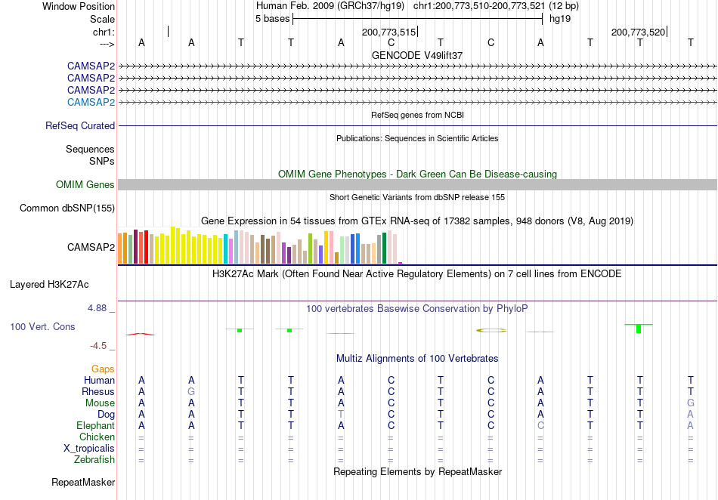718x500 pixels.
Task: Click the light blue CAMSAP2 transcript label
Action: click(x=91, y=102)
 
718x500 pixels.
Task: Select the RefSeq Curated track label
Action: click(x=80, y=125)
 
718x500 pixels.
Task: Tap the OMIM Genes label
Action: click(x=85, y=184)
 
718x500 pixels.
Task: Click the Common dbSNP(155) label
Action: click(x=67, y=208)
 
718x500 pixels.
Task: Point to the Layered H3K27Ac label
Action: click(x=49, y=285)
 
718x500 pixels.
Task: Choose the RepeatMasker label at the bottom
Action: click(x=83, y=482)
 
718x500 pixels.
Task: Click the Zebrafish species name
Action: click(x=94, y=459)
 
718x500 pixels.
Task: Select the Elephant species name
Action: click(x=96, y=425)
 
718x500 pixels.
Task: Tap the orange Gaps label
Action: click(x=103, y=369)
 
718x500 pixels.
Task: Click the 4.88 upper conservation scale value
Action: click(x=97, y=308)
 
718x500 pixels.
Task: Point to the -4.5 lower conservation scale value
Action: click(x=98, y=346)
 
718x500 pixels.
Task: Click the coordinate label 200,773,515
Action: click(x=388, y=32)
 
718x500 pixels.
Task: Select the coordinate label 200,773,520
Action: click(x=639, y=32)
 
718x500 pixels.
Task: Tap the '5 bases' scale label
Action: click(x=272, y=19)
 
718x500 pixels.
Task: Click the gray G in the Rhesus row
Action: click(x=191, y=391)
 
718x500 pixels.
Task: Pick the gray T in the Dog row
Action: click(x=341, y=415)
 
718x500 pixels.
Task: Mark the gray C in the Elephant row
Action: click(x=541, y=425)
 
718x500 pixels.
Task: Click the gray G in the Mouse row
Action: click(x=691, y=403)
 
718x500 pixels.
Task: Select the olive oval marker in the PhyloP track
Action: click(x=491, y=330)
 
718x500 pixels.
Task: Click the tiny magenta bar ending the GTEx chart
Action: click(x=401, y=263)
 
